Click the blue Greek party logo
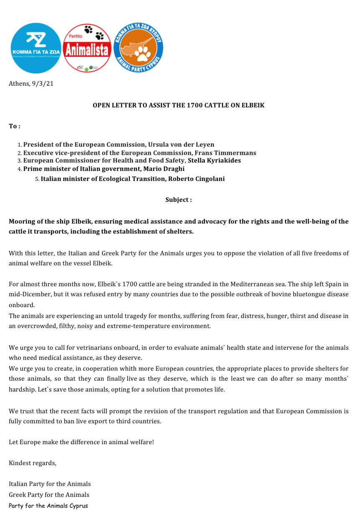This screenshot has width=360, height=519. pyautogui.click(x=36, y=48)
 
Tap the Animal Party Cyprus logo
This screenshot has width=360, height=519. pyautogui.click(x=138, y=48)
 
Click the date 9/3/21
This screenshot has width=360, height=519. pyautogui.click(x=43, y=84)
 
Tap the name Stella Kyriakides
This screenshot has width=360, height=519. pyautogui.click(x=214, y=160)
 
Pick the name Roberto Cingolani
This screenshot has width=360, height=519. pyautogui.click(x=196, y=179)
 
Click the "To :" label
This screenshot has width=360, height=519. pyautogui.click(x=15, y=126)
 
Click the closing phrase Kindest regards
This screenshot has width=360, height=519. pyautogui.click(x=33, y=463)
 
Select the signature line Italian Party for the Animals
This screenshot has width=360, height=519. pyautogui.click(x=50, y=484)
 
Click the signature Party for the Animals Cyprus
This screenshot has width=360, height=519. pyautogui.click(x=48, y=506)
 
